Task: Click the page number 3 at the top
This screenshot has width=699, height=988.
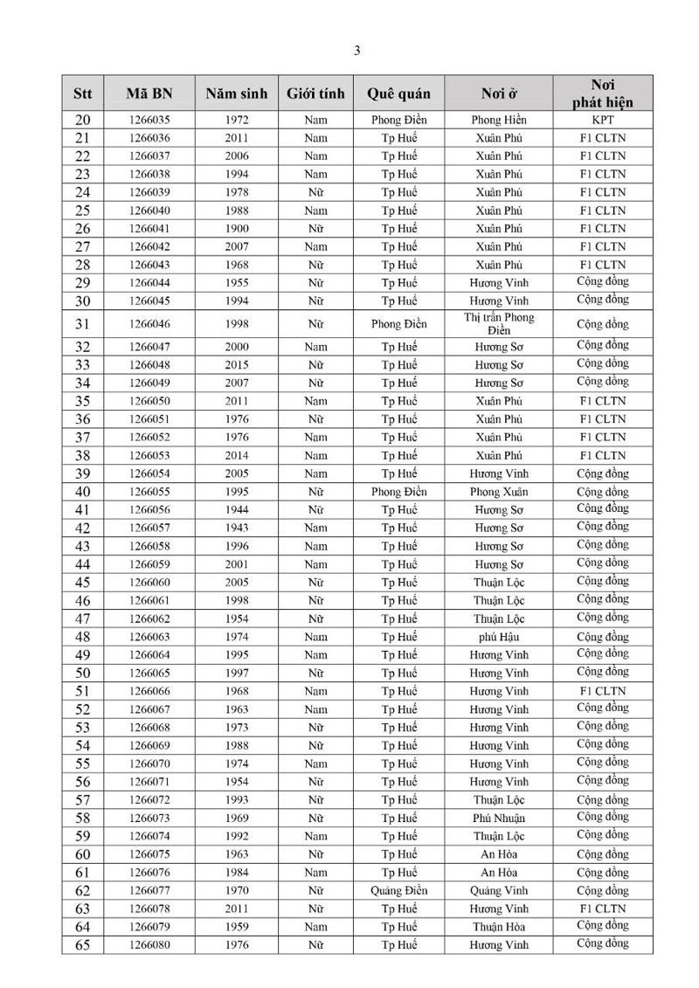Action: click(356, 51)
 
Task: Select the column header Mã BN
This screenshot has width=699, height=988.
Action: click(149, 93)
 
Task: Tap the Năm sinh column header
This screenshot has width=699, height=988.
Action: click(236, 93)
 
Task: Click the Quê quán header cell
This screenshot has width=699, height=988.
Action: click(398, 93)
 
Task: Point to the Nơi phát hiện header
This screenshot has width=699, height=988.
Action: click(602, 93)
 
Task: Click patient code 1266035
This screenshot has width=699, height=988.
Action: click(149, 120)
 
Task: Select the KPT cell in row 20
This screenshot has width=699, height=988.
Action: click(602, 120)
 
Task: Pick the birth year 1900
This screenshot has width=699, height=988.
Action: click(236, 228)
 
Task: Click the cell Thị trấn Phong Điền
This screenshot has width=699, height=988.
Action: click(499, 323)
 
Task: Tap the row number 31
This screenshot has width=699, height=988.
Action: click(83, 324)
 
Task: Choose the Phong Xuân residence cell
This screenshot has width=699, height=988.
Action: click(499, 492)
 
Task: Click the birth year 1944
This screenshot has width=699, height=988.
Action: click(236, 509)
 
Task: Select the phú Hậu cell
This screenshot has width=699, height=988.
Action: click(499, 637)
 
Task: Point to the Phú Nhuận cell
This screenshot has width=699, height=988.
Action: click(499, 819)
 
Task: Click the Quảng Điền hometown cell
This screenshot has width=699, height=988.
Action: click(398, 891)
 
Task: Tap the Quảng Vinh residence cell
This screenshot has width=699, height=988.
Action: click(499, 891)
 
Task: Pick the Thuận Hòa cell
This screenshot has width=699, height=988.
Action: click(499, 927)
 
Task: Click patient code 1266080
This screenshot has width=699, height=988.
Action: click(149, 945)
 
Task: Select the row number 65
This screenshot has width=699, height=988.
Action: click(83, 945)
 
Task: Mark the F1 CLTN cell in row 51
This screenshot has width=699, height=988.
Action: click(602, 691)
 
